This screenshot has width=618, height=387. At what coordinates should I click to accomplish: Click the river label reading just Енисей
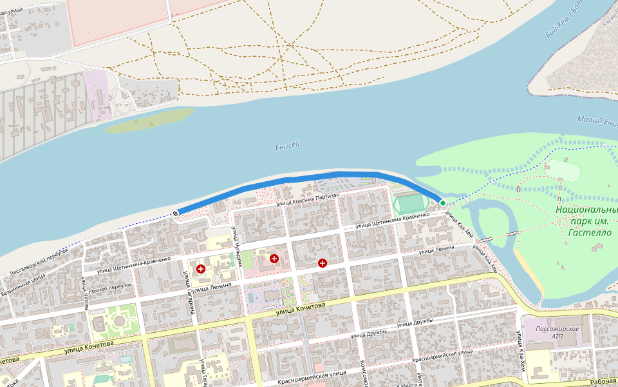click(288, 147)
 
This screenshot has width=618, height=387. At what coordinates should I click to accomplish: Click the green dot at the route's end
click(443, 203)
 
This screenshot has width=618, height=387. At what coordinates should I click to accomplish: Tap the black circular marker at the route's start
click(175, 213)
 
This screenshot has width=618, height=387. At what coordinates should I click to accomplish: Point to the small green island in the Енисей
click(149, 120)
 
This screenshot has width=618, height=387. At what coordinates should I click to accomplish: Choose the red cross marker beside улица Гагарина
click(201, 268)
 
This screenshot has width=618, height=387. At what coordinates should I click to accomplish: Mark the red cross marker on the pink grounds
click(274, 259)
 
